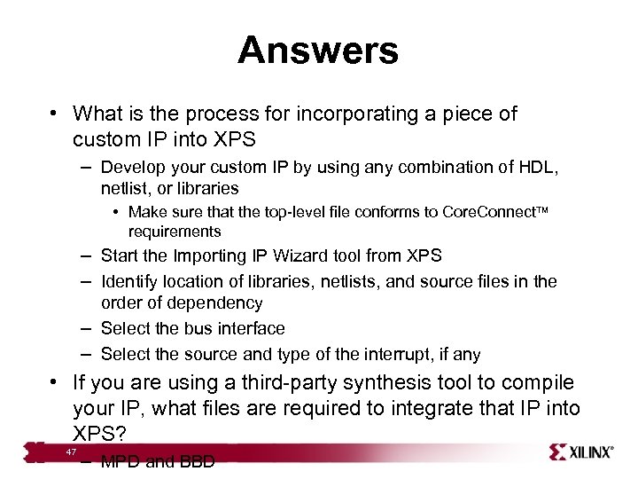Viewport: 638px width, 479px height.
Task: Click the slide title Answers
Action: [x=318, y=51]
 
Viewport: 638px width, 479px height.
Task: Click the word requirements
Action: [x=175, y=232]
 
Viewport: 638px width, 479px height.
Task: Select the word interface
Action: [x=249, y=328]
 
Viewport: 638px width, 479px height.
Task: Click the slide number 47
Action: [x=72, y=453]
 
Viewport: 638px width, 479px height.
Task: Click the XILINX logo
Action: [x=581, y=452]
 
